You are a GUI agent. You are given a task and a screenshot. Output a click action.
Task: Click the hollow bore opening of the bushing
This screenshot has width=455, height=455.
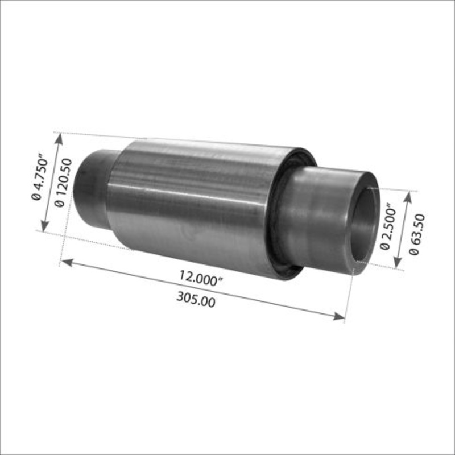pos(364,225)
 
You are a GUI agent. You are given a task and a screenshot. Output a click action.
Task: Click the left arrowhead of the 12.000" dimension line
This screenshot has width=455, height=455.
pos(65,262)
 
